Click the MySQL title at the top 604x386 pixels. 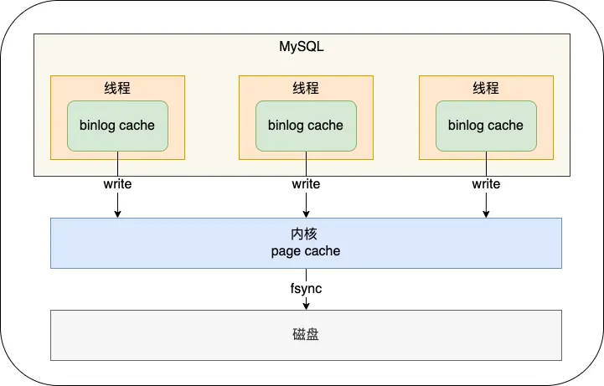(x=301, y=47)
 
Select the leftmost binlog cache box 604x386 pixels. (x=117, y=126)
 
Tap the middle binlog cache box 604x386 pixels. (x=306, y=126)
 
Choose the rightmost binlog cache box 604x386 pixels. (x=486, y=126)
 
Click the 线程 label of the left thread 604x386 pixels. (x=117, y=88)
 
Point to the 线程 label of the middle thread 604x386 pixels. (x=306, y=88)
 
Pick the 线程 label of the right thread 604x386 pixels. (x=486, y=88)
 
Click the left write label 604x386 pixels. (x=117, y=184)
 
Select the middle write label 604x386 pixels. (x=306, y=184)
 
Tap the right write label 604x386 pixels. (x=486, y=184)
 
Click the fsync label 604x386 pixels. (x=306, y=289)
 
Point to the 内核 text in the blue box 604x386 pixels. (x=306, y=234)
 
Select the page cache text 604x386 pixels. (x=306, y=251)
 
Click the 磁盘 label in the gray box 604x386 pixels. (x=306, y=335)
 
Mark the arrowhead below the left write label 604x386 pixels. (x=117, y=214)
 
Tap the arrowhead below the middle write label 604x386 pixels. (x=306, y=214)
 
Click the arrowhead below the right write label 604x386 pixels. (x=486, y=214)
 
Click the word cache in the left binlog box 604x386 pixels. (x=137, y=126)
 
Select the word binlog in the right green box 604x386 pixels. (x=467, y=126)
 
